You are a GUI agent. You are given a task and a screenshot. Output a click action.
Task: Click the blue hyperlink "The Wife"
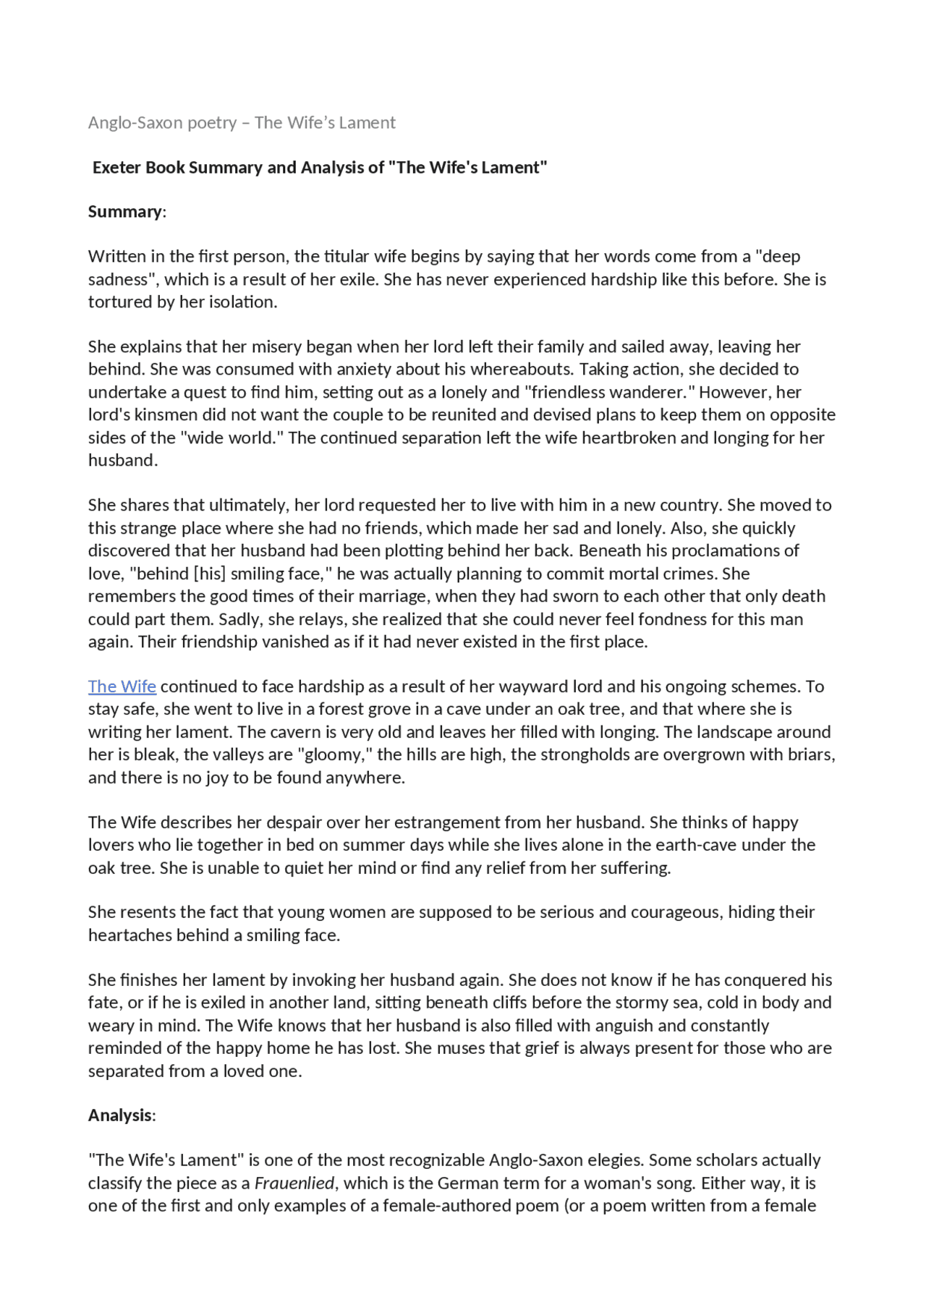122,686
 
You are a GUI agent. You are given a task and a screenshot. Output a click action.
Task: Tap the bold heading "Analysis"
120,1115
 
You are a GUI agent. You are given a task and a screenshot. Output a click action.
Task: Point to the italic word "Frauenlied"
294,1183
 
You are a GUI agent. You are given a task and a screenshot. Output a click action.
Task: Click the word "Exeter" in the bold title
116,167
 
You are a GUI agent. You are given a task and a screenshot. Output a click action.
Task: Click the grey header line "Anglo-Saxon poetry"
162,122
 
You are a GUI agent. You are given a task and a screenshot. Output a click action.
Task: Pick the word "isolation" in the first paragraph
243,302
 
